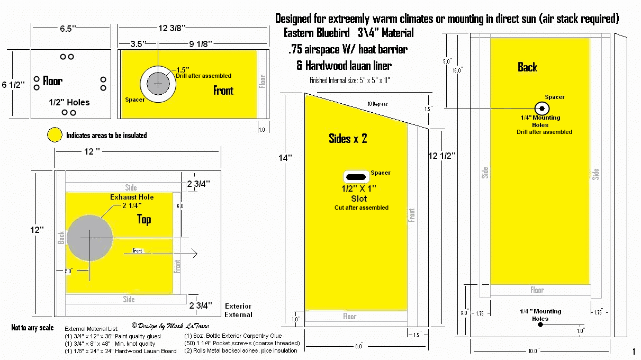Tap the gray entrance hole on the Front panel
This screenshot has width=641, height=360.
[157, 84]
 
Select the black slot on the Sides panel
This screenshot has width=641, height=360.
[356, 176]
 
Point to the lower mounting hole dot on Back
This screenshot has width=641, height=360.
[540, 325]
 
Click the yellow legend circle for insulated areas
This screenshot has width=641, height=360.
[55, 135]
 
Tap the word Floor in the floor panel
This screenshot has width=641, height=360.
[53, 81]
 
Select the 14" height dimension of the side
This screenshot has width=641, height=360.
[286, 157]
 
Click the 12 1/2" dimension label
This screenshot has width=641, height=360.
[442, 156]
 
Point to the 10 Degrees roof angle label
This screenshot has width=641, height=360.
[377, 104]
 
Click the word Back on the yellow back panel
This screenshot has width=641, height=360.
[527, 67]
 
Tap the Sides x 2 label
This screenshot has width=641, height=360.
[348, 139]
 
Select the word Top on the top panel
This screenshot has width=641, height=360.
[144, 219]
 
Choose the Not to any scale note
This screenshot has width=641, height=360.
[33, 328]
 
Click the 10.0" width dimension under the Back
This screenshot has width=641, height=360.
[533, 350]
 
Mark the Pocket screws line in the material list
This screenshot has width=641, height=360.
[241, 343]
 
